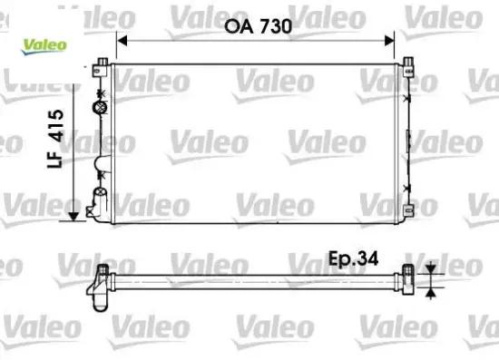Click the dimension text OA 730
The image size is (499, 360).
click(x=259, y=26)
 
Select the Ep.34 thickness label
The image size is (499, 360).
click(x=352, y=259)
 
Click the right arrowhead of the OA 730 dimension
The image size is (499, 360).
click(x=391, y=40)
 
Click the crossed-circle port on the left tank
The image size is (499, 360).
click(x=100, y=107)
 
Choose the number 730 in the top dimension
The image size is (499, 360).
click(x=274, y=26)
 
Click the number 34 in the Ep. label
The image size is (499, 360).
click(x=367, y=259)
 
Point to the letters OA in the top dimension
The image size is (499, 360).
click(x=237, y=26)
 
